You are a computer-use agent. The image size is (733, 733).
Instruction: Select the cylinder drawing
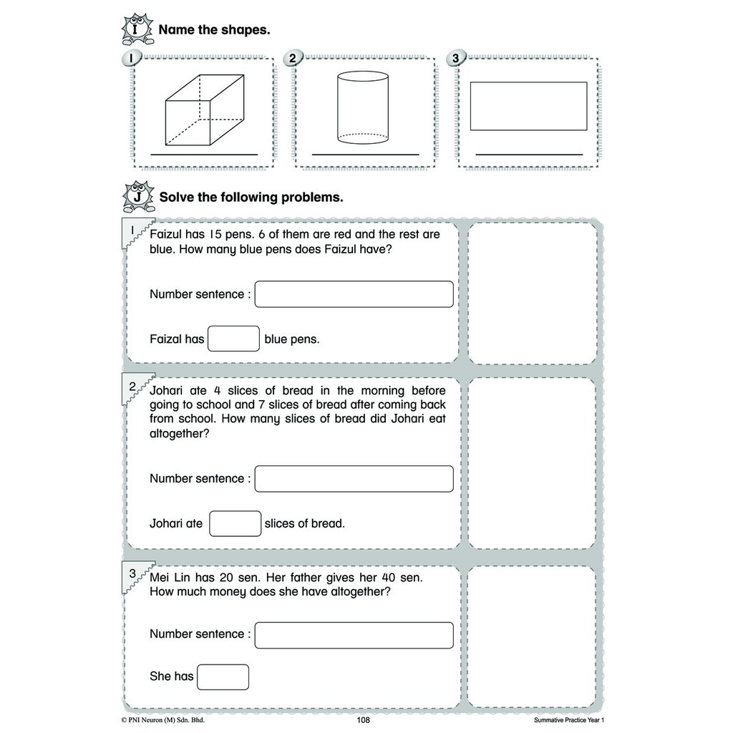[x=363, y=107]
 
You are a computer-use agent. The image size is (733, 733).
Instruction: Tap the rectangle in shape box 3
[x=528, y=106]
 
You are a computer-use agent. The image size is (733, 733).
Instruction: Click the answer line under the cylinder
[x=365, y=154]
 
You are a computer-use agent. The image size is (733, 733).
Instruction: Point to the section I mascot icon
[x=138, y=29]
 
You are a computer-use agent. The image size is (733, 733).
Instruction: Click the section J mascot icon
[x=138, y=196]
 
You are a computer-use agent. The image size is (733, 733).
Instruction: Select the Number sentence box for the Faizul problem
[x=354, y=294]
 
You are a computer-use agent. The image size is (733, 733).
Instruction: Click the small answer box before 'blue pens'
[x=233, y=339]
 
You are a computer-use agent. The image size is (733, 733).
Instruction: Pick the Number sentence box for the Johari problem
[x=354, y=479]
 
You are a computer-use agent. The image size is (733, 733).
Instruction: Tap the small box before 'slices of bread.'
[x=235, y=523]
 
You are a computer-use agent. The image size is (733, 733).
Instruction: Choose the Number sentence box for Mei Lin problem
[x=354, y=635]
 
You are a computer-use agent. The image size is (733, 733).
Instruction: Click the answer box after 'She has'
[x=223, y=676]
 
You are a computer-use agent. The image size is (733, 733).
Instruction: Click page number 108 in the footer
[x=363, y=720]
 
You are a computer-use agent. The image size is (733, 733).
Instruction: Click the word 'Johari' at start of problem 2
[x=168, y=391]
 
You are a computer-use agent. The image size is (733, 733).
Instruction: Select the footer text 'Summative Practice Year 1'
[x=573, y=720]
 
